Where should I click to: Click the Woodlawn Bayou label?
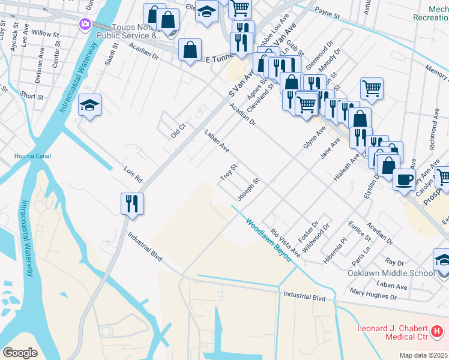[268, 239]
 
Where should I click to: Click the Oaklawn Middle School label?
[390, 273]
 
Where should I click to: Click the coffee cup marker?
[404, 178]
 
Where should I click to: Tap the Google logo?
[20, 352]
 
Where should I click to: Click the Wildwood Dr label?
[316, 238]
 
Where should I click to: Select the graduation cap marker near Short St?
[90, 106]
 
